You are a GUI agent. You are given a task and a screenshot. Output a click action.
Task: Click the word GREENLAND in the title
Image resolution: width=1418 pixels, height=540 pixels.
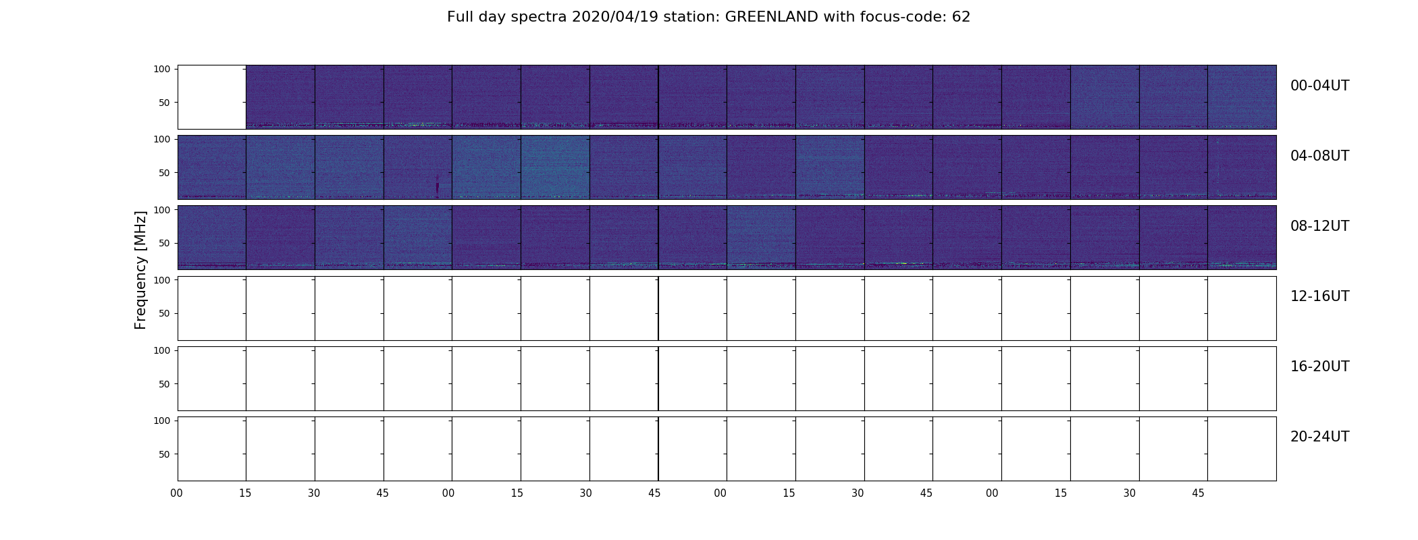(772, 17)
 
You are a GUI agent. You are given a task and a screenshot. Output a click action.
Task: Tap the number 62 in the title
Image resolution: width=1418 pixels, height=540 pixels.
(961, 17)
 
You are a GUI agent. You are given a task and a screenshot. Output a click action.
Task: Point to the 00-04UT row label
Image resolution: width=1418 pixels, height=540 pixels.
(1319, 86)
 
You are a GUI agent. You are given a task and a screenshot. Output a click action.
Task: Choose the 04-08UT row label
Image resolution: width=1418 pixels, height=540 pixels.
(1319, 156)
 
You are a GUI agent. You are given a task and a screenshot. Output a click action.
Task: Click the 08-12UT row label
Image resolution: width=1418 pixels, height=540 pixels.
(1319, 226)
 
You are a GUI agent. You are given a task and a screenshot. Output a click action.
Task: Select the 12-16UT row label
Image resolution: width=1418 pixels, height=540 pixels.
(1319, 296)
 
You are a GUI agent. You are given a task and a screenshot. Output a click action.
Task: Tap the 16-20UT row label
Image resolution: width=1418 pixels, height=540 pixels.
(1319, 367)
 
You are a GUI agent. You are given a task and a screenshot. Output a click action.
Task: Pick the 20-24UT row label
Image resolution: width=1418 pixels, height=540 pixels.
(1319, 437)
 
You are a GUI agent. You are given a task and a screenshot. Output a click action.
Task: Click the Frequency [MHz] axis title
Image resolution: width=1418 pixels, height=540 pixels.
(140, 270)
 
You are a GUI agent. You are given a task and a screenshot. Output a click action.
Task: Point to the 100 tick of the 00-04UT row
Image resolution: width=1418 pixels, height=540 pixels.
(161, 69)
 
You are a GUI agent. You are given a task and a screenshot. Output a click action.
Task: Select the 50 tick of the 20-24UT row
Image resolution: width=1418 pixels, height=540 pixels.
(164, 454)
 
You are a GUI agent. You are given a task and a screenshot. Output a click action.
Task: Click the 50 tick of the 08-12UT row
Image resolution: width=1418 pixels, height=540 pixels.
(164, 243)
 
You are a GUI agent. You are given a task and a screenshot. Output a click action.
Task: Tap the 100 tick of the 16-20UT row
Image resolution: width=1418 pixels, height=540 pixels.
(161, 350)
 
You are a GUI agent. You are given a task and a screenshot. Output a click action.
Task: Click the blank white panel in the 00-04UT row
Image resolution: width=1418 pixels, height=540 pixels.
(212, 97)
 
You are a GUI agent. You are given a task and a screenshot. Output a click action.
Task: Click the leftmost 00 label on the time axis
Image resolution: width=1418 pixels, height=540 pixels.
(177, 493)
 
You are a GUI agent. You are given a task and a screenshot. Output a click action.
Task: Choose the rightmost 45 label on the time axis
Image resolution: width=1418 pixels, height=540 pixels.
(1198, 493)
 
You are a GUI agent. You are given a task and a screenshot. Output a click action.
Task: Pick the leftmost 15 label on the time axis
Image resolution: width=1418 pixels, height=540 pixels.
(245, 493)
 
